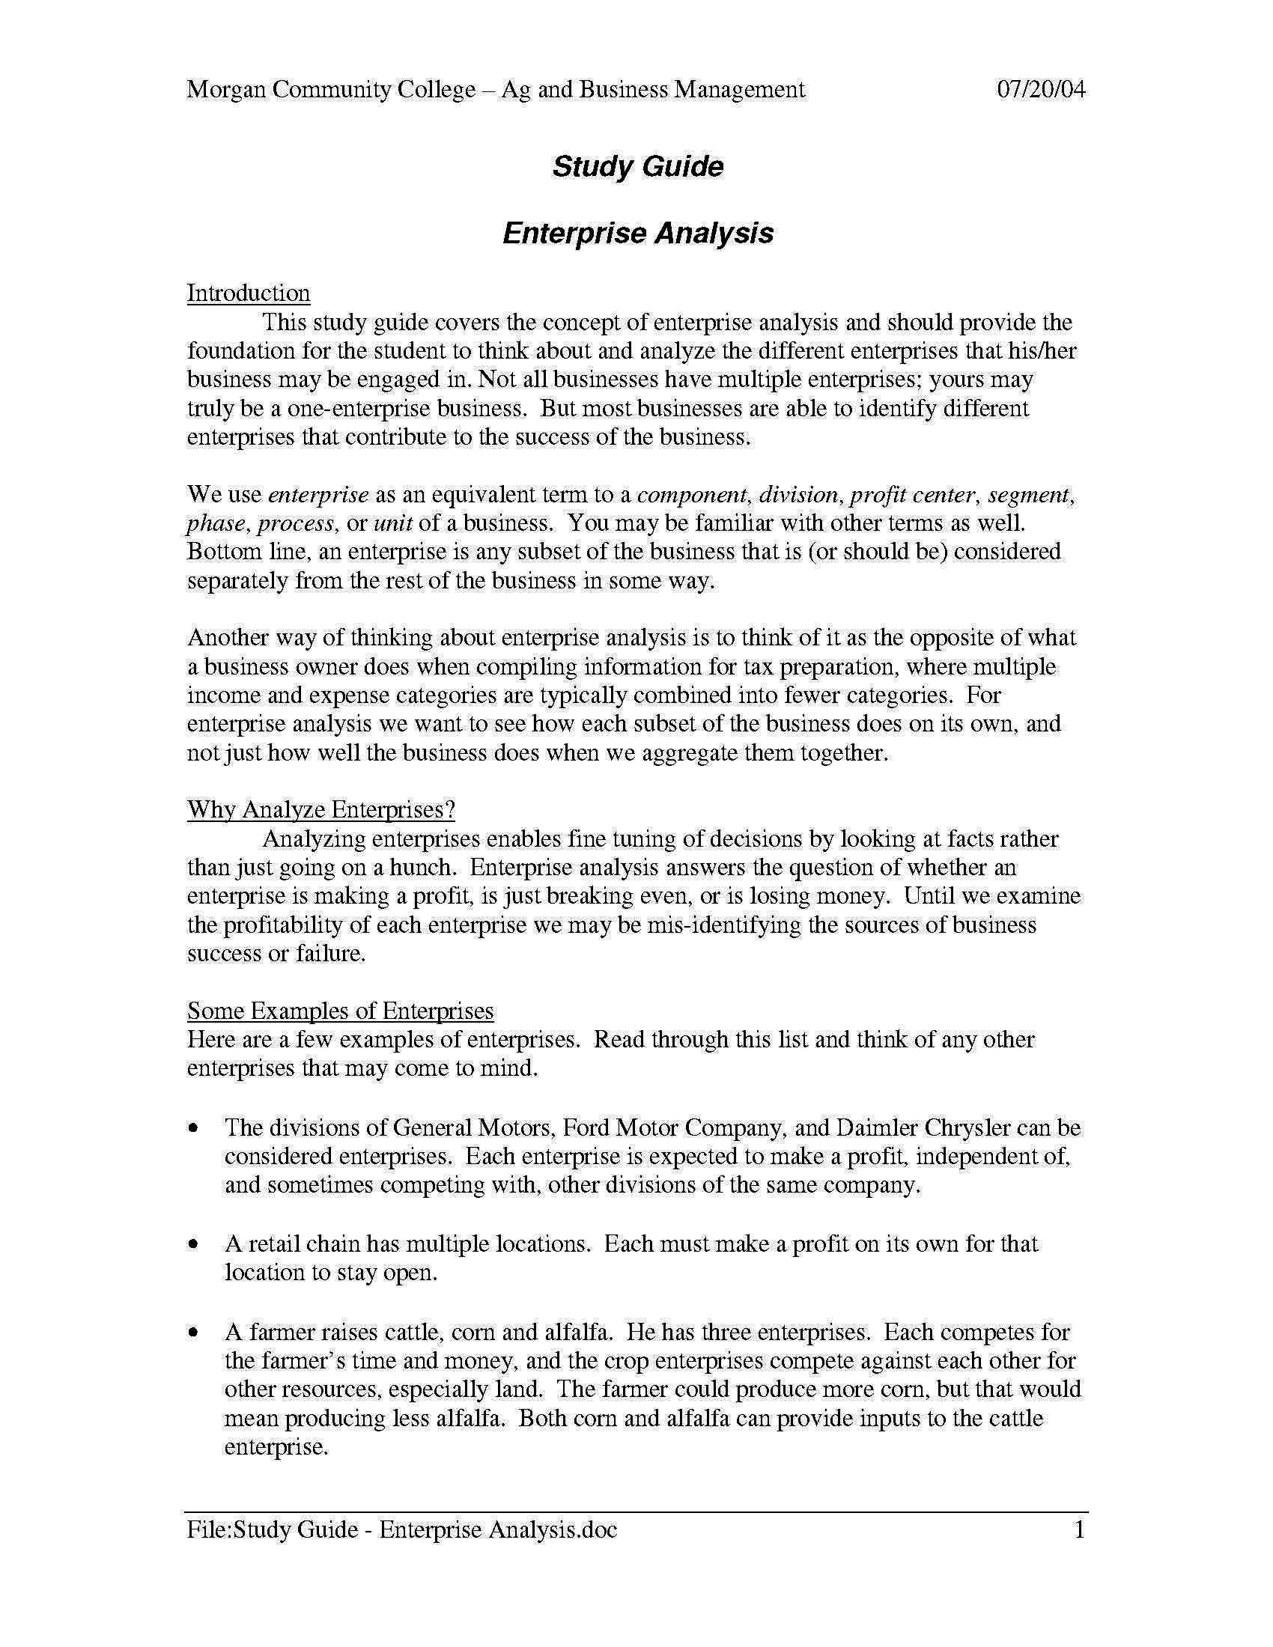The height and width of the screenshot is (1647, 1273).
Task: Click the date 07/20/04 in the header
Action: [x=1042, y=90]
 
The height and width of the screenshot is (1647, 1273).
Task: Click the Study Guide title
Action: [x=637, y=166]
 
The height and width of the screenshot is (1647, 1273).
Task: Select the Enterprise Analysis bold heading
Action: [x=637, y=232]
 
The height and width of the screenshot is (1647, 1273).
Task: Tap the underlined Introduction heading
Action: [x=248, y=293]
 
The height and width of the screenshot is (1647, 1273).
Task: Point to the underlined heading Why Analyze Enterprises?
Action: [x=321, y=809]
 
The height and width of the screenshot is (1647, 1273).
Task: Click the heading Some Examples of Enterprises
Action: [x=340, y=1011]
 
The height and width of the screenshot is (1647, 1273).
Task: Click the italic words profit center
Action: [x=914, y=495]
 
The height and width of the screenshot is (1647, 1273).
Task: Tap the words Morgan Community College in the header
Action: [x=331, y=90]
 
